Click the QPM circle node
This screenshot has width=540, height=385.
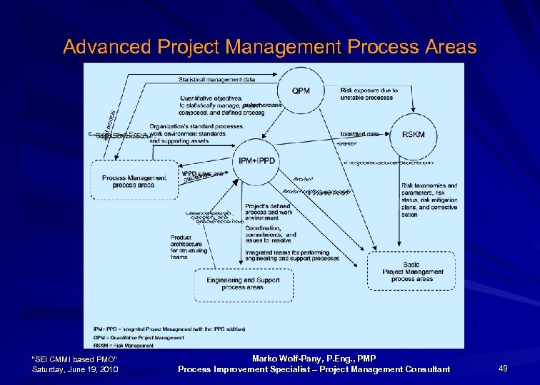click(301, 91)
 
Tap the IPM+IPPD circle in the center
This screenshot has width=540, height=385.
click(256, 161)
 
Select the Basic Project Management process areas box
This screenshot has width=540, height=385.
click(412, 272)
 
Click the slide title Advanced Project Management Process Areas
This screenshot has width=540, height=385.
click(269, 47)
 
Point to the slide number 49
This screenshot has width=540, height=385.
click(502, 368)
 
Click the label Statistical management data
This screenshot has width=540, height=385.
click(216, 79)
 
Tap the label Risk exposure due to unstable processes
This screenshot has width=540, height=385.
click(369, 94)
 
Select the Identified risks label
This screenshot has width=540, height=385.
click(359, 133)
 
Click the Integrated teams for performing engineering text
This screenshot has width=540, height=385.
click(286, 255)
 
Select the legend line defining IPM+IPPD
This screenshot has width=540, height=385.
click(169, 329)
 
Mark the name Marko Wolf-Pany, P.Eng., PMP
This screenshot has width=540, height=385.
click(314, 358)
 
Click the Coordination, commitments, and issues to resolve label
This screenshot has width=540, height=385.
click(270, 237)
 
